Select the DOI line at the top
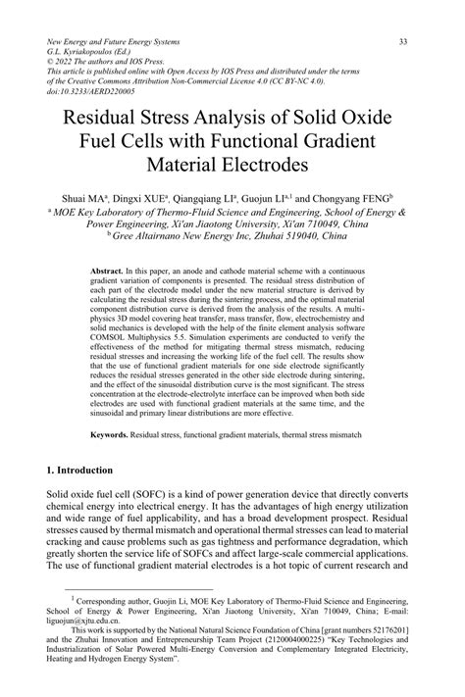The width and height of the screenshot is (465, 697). pyautogui.click(x=89, y=89)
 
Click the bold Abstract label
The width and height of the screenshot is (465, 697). pyautogui.click(x=105, y=268)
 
